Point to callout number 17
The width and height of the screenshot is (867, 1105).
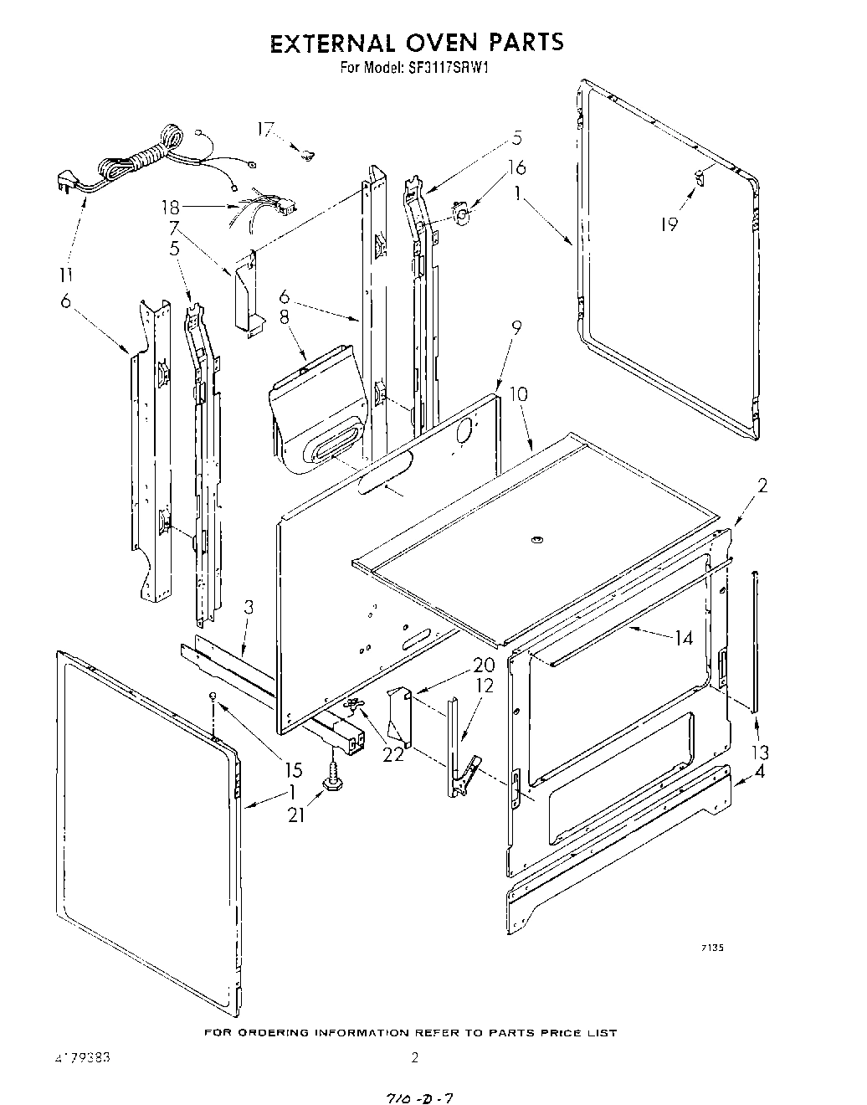click(265, 129)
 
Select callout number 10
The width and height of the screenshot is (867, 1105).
click(518, 393)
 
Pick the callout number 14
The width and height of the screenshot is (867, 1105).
click(684, 638)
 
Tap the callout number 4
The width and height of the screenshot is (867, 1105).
click(759, 772)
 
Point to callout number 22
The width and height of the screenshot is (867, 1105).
click(392, 753)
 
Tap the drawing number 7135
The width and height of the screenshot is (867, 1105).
click(711, 948)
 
